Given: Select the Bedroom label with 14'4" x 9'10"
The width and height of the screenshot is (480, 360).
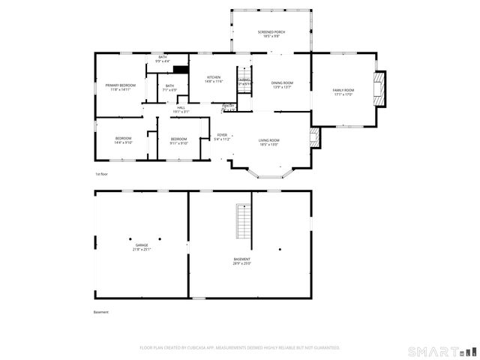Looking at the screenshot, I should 123,139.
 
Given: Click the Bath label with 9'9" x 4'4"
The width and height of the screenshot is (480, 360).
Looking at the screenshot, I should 162,58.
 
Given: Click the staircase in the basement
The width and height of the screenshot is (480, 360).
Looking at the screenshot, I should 243,221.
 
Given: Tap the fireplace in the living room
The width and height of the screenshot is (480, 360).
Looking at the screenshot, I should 314,136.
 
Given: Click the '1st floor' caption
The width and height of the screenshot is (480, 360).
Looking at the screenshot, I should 101,173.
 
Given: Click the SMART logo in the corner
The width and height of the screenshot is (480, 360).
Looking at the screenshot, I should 442,351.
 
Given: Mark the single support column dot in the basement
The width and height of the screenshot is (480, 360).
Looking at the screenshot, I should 280,249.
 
